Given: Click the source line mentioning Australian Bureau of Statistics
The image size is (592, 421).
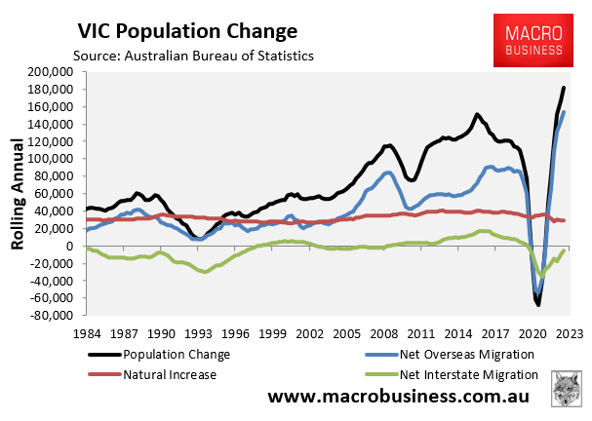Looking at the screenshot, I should point(193,56).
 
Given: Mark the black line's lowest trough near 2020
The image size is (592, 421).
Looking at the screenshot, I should point(537,305).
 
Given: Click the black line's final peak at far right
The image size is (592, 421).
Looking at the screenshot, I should point(564,89).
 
